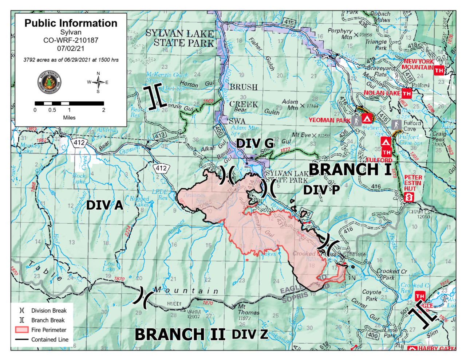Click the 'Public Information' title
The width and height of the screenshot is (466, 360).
click(71, 23)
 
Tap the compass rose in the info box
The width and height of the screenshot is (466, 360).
click(98, 82)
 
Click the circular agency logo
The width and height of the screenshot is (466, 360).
click(49, 82)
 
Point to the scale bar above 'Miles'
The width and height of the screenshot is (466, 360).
click(69, 103)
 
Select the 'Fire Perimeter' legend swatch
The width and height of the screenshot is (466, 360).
click(22, 330)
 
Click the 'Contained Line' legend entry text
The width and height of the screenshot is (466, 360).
click(50, 340)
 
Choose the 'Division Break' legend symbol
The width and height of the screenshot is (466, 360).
click(22, 311)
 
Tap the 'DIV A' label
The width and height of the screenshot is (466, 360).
click(104, 206)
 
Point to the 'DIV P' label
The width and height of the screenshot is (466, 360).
click(321, 190)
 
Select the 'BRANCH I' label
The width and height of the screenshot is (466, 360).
click(350, 169)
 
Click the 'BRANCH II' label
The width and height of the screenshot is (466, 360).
click(180, 334)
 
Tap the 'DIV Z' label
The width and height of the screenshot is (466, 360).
click(250, 334)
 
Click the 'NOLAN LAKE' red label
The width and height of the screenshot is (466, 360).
click(382, 93)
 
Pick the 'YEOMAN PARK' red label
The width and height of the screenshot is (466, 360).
click(329, 120)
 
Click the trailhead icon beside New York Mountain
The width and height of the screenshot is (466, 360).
click(439, 70)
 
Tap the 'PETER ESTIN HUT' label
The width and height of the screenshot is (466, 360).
click(413, 183)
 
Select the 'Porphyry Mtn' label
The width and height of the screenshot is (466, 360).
click(340, 34)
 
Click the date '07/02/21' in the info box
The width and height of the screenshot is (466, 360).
click(71, 48)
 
